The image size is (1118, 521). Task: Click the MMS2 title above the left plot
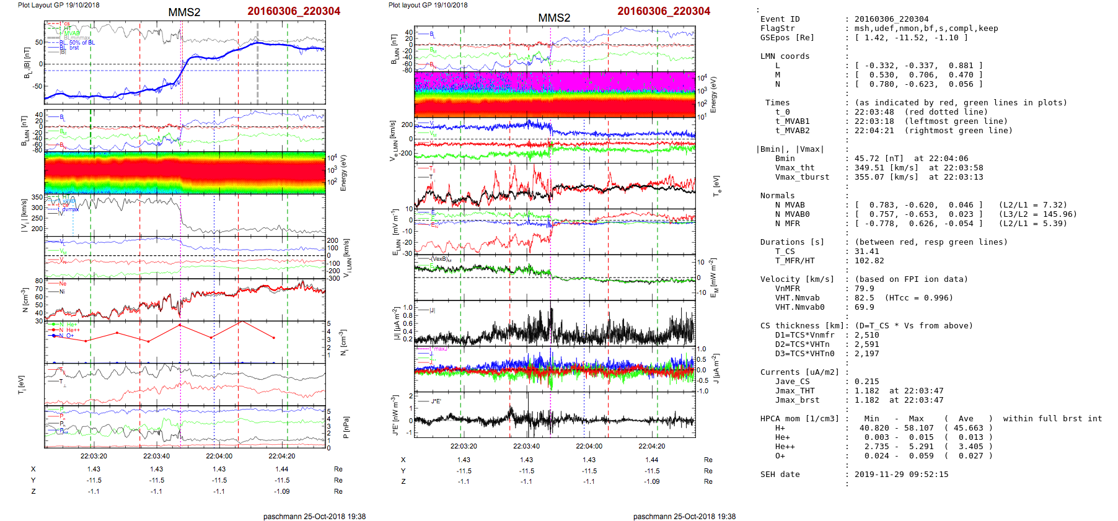[x=184, y=12]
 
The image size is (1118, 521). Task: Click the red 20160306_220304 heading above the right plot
[x=664, y=11]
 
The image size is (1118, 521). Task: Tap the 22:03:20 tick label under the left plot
[x=94, y=457]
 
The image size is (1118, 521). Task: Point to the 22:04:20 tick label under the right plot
[x=652, y=446]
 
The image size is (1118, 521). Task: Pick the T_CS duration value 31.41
[x=866, y=252]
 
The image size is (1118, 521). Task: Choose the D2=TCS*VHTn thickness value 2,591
[x=866, y=344]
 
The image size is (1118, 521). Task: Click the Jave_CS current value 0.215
[x=866, y=382]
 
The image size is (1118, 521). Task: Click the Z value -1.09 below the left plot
[x=282, y=491]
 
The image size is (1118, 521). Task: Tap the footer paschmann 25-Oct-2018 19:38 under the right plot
[x=684, y=516]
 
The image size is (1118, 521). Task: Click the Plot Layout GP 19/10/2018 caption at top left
[x=58, y=5]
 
